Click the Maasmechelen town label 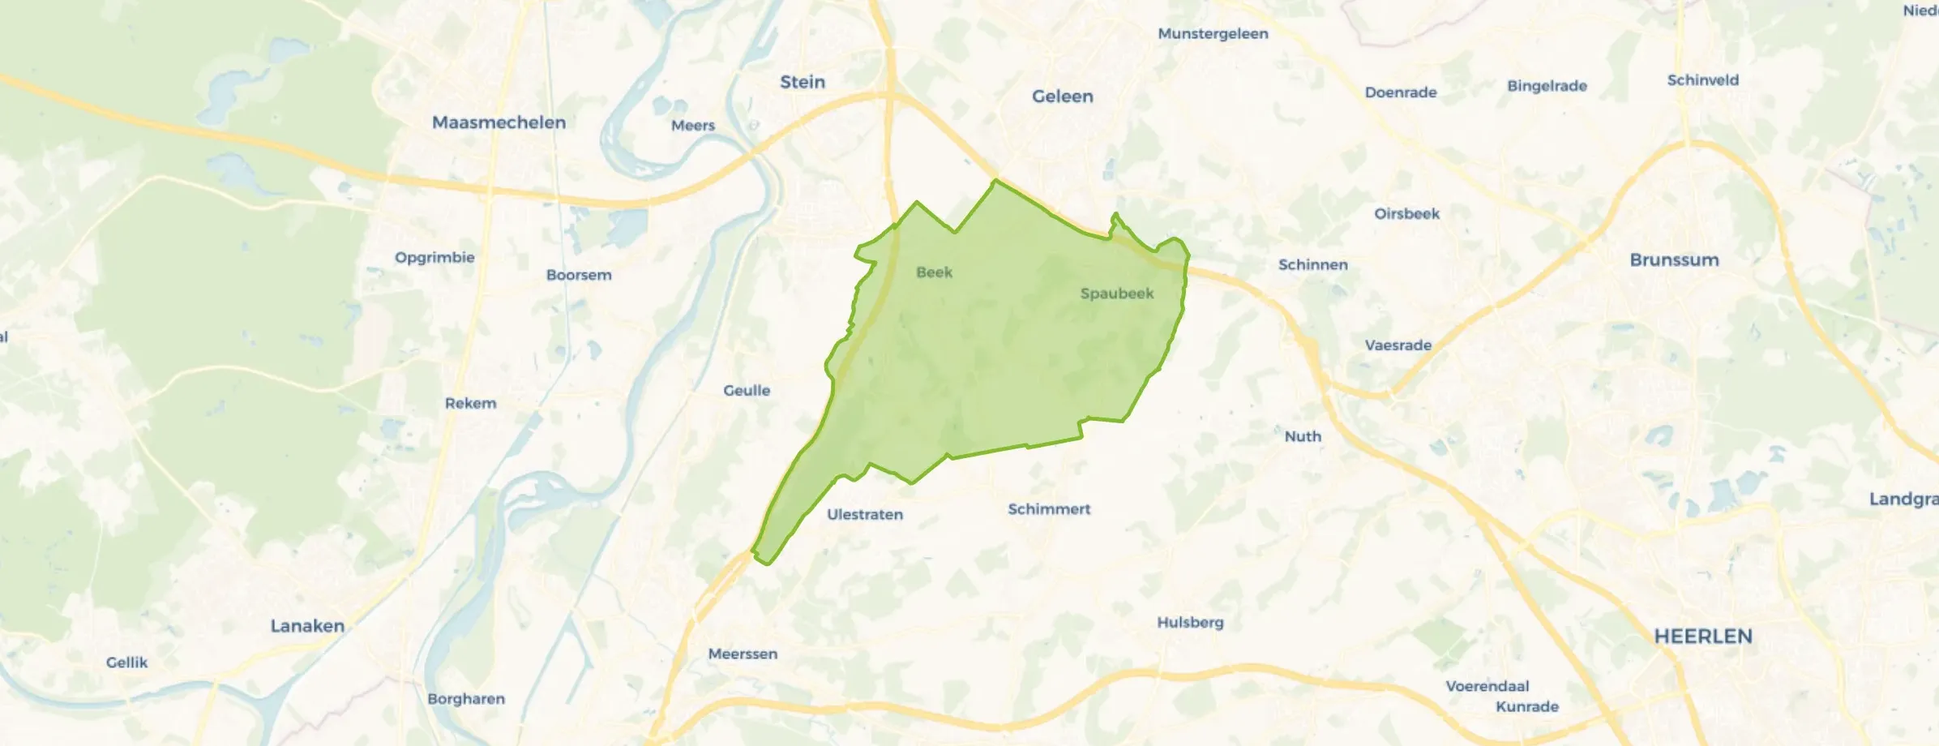pos(499,122)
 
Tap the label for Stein pos(803,82)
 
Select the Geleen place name pos(1062,96)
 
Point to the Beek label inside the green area pos(934,272)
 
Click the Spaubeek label pos(1116,294)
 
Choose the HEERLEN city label pos(1703,637)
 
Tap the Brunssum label pos(1674,260)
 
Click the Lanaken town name pos(307,626)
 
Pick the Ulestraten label pos(864,515)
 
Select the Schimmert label pos(1049,509)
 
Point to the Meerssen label pos(743,654)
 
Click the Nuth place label pos(1303,436)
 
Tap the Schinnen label pos(1312,265)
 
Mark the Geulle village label pos(747,391)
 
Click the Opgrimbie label pos(434,258)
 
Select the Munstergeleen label pos(1213,34)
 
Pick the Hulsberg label pos(1190,623)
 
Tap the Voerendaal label pos(1487,686)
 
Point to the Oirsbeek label pos(1406,214)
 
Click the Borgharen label pos(466,699)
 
